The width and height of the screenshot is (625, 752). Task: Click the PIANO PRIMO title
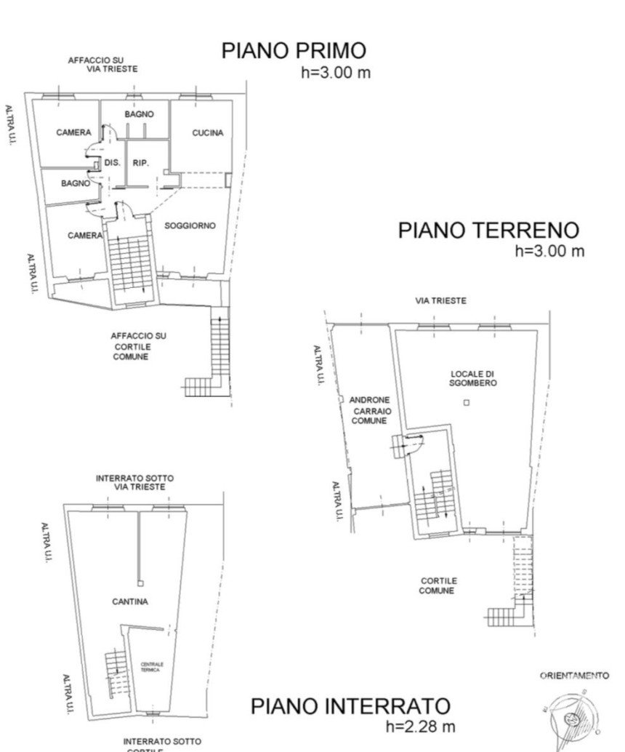294,51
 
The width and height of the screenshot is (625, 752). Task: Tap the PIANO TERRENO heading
488,231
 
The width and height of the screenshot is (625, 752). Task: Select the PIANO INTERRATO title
350,705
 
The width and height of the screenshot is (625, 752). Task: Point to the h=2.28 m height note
421,726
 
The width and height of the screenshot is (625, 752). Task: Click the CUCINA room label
207,132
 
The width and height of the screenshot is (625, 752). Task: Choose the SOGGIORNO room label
190,225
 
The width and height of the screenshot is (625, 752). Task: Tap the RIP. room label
141,163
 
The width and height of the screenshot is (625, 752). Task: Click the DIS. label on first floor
112,163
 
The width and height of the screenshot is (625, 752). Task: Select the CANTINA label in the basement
130,601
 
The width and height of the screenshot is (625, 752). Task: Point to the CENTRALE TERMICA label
152,666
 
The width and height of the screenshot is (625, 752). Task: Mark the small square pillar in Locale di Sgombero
467,402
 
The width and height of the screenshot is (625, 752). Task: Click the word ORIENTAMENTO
574,676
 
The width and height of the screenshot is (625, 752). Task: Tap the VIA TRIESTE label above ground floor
440,300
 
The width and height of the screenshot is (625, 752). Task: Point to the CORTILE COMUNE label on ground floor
437,585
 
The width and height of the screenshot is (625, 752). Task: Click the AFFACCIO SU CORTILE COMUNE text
138,346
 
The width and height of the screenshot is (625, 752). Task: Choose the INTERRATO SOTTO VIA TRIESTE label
134,482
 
